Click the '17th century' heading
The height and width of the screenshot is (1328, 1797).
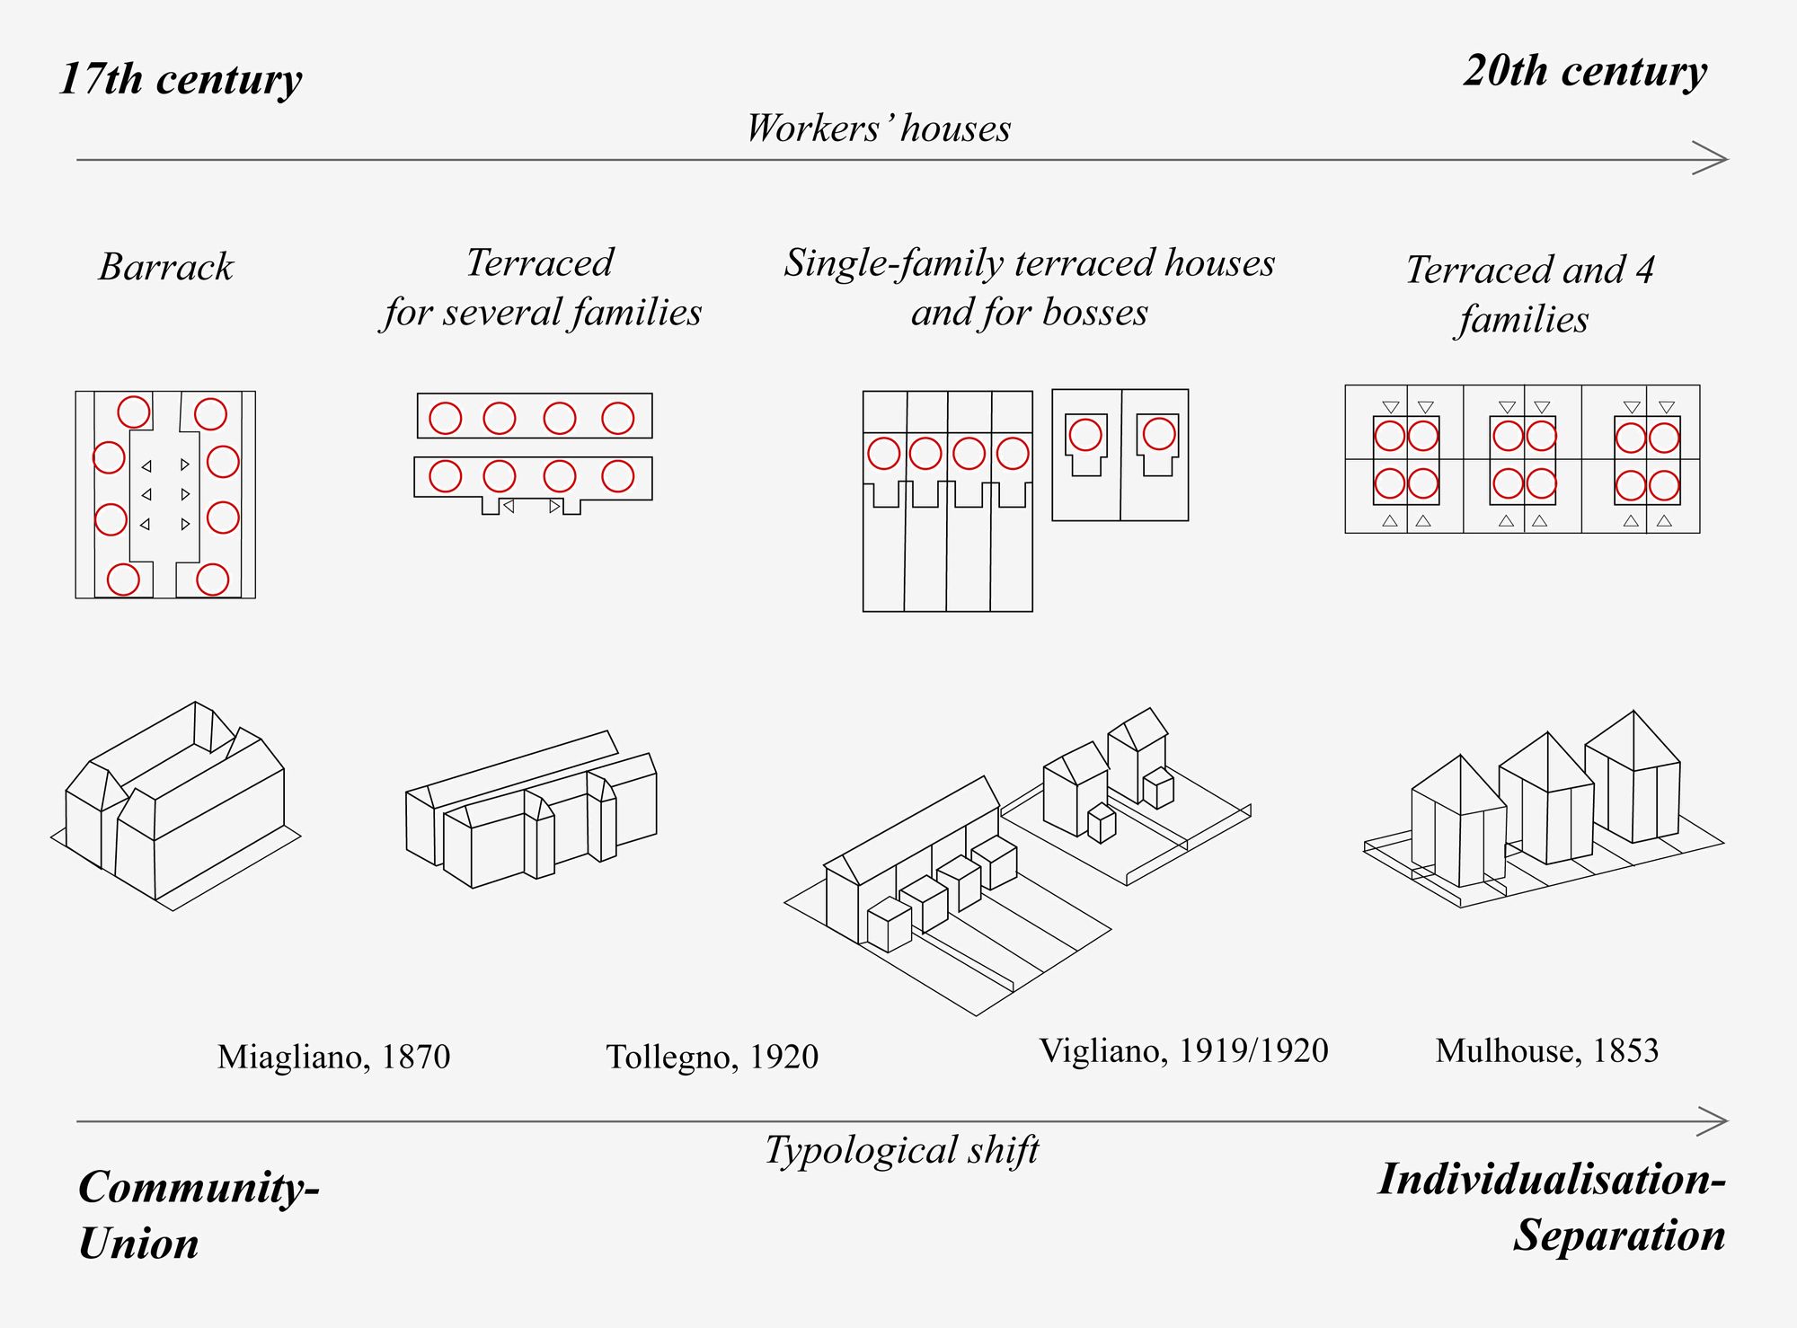pyautogui.click(x=181, y=79)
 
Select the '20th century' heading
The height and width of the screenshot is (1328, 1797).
pyautogui.click(x=1585, y=71)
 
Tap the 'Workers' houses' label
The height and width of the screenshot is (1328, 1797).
pyautogui.click(x=879, y=128)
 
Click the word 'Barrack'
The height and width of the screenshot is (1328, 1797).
pyautogui.click(x=165, y=267)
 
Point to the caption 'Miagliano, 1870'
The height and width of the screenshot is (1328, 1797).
pyautogui.click(x=333, y=1057)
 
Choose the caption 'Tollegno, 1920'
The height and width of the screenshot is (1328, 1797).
pyautogui.click(x=712, y=1057)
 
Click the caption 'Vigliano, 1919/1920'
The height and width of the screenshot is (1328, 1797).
pyautogui.click(x=1183, y=1050)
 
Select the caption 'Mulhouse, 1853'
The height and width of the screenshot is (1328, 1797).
pyautogui.click(x=1546, y=1050)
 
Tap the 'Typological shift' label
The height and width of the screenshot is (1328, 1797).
pyautogui.click(x=901, y=1150)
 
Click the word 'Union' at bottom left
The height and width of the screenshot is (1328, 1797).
pyautogui.click(x=138, y=1244)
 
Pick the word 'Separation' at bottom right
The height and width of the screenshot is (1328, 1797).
pyautogui.click(x=1619, y=1235)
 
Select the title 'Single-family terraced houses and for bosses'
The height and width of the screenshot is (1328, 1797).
pyautogui.click(x=1029, y=288)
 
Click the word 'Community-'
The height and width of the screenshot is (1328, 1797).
pyautogui.click(x=199, y=1188)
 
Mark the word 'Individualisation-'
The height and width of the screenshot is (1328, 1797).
pyautogui.click(x=1552, y=1180)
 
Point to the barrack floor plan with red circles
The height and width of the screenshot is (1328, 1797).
pyautogui.click(x=165, y=494)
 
